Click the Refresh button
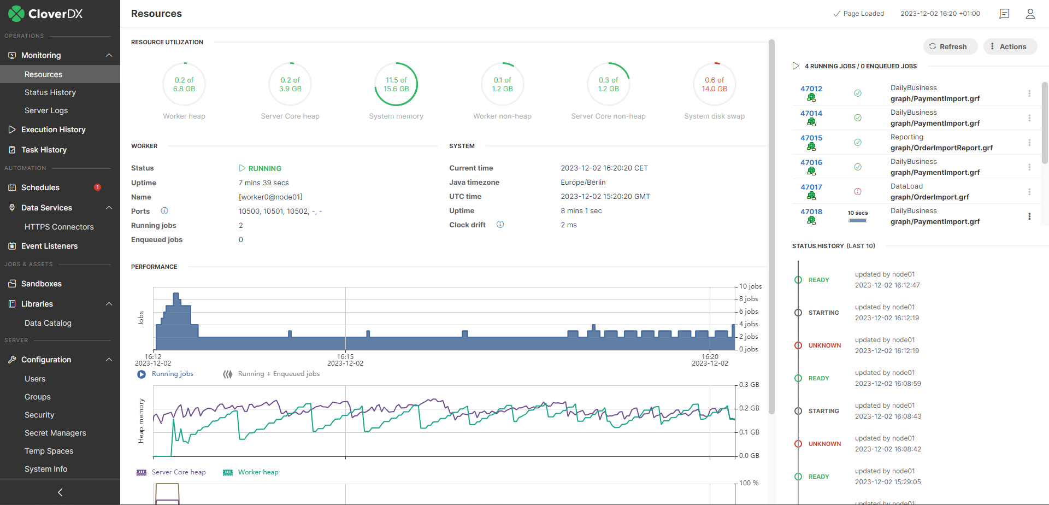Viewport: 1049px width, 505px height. tap(948, 46)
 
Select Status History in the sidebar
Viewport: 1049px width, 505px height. tap(50, 92)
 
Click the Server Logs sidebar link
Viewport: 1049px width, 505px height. tap(46, 110)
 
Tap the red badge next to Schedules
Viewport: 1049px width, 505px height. tap(97, 187)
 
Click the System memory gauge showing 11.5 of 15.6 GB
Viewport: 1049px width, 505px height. tap(396, 84)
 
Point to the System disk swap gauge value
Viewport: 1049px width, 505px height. tap(714, 84)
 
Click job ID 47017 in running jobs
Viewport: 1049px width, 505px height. tap(811, 187)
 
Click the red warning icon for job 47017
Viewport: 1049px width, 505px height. tap(858, 191)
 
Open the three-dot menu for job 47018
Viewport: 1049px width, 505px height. tap(1029, 216)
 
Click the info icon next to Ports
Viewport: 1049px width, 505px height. tap(164, 211)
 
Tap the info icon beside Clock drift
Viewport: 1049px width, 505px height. tap(500, 225)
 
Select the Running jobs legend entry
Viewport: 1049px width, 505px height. tap(172, 374)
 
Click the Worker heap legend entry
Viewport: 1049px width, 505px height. tap(258, 472)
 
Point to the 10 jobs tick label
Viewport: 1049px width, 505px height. tap(750, 286)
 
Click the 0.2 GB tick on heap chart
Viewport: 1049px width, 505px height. tap(749, 408)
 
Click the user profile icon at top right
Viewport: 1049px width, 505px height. tap(1030, 14)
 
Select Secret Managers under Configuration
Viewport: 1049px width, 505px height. tap(55, 433)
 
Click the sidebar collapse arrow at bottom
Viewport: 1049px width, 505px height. tap(60, 492)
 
